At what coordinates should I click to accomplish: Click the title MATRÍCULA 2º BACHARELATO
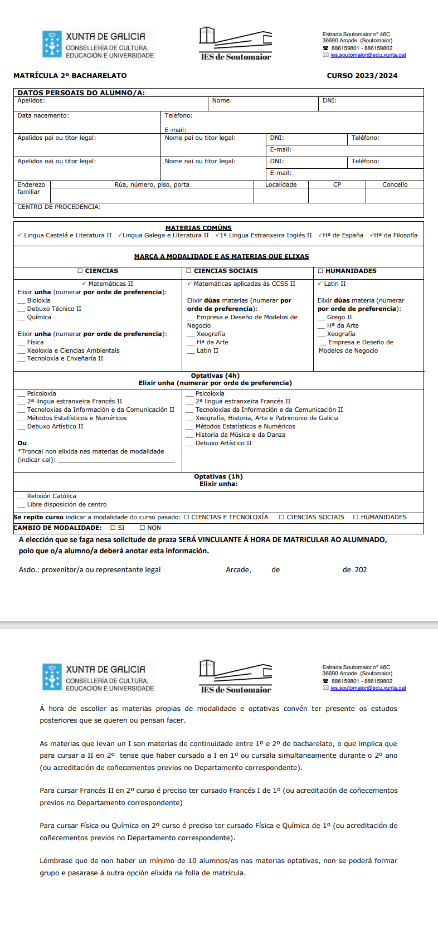(x=70, y=76)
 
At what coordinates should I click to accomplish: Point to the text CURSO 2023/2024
(x=362, y=76)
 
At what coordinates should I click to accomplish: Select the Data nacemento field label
(x=43, y=115)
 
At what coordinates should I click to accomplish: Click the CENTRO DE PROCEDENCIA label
(x=59, y=207)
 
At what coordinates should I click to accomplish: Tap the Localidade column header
(x=281, y=184)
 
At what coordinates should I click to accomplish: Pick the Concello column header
(x=395, y=184)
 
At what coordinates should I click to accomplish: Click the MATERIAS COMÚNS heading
(x=198, y=228)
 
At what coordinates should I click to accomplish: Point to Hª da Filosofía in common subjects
(x=396, y=235)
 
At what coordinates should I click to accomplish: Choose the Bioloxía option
(x=38, y=300)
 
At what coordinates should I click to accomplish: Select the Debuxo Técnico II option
(x=54, y=309)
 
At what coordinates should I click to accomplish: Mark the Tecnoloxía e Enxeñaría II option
(x=65, y=358)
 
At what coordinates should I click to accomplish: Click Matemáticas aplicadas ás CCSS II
(x=244, y=284)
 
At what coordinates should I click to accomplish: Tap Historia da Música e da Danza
(x=240, y=435)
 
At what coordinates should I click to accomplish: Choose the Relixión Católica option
(x=51, y=496)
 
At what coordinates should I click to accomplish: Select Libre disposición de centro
(x=66, y=504)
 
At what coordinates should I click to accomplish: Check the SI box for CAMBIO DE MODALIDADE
(x=113, y=528)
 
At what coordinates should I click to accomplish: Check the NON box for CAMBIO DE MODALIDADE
(x=142, y=528)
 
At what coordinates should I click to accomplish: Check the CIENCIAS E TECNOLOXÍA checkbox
(x=187, y=517)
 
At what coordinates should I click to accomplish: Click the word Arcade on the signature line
(x=238, y=569)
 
